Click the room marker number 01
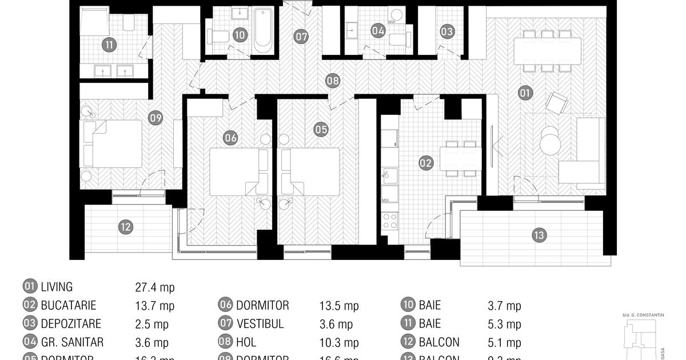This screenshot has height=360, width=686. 525,92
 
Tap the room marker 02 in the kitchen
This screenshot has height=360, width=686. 426,163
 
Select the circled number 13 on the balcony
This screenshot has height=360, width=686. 539,235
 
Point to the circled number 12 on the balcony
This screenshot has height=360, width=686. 126,227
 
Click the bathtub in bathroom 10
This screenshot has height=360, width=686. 263,30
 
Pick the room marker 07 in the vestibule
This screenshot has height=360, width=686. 301,37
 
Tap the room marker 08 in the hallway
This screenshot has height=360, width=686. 333,81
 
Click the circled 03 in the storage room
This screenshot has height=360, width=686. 447,31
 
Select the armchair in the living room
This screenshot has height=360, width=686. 556,103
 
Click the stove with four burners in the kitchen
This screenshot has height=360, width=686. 390,221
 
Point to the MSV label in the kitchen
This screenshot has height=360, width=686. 385,200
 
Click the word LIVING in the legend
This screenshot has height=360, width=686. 57,287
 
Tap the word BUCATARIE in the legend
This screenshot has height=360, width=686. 69,306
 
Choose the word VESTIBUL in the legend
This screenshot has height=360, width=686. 260,324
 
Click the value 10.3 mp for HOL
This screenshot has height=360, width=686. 339,343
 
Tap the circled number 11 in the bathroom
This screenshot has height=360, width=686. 107,44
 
